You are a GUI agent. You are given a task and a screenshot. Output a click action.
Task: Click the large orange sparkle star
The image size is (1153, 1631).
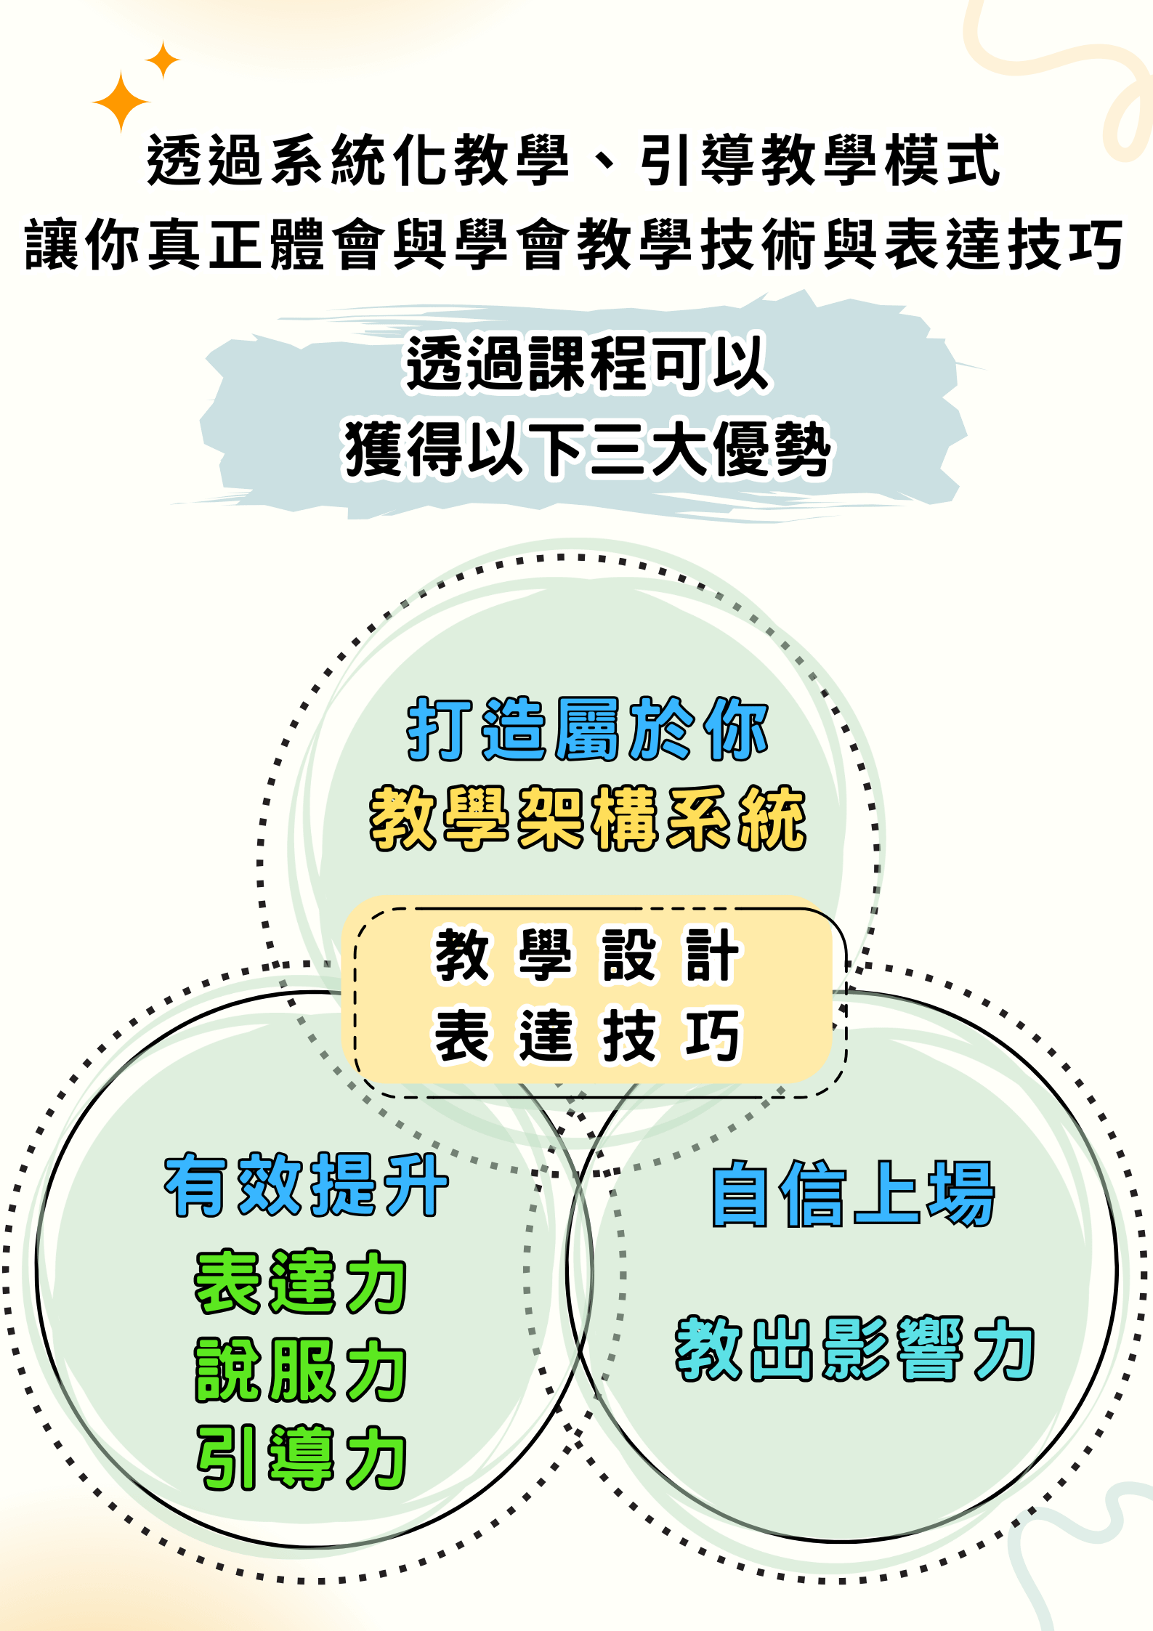pos(121,102)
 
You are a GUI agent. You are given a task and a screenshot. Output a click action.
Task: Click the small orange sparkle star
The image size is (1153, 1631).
pos(163,60)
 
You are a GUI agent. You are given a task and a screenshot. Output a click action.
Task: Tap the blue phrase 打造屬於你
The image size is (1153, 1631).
pos(587,729)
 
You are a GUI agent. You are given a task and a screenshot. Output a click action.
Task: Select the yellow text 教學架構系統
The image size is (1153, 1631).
pos(588,819)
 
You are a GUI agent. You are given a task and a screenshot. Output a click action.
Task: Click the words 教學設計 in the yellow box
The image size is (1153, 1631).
pos(587,955)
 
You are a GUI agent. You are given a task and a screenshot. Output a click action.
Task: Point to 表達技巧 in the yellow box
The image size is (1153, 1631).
pos(587,1036)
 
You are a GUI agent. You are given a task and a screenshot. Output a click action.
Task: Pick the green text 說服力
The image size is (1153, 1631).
pos(301,1370)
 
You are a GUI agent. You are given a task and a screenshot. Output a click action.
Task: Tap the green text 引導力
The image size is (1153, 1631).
pos(301,1457)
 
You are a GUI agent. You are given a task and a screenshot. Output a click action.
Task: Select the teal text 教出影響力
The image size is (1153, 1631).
pos(855,1348)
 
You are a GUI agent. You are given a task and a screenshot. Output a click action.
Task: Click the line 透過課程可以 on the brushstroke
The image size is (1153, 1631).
pos(587,363)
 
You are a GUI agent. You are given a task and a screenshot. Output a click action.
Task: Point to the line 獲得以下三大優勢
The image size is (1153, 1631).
pos(587,449)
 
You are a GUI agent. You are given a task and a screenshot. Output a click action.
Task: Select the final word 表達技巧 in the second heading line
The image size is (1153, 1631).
pos(1006,245)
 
